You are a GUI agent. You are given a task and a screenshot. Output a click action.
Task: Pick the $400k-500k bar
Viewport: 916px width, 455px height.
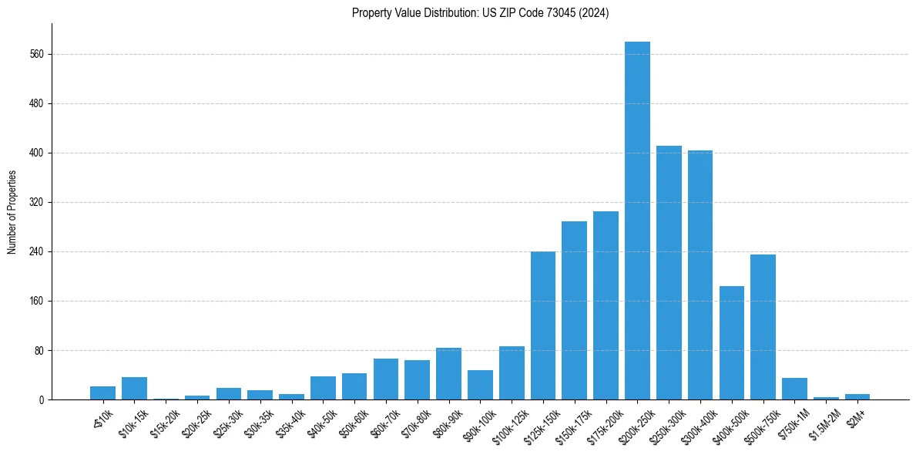(732, 342)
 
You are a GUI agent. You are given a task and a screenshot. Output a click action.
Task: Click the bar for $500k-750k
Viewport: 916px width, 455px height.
(763, 327)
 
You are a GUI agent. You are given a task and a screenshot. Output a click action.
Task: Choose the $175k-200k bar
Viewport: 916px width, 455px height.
(606, 305)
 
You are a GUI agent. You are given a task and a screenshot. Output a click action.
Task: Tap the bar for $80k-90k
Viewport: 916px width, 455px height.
(448, 373)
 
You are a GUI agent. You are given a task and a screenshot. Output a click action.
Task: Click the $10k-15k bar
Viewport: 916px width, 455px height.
(134, 388)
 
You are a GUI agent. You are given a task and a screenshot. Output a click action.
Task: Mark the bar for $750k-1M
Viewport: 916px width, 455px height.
(794, 389)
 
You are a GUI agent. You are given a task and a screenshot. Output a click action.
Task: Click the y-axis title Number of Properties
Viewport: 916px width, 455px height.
(12, 212)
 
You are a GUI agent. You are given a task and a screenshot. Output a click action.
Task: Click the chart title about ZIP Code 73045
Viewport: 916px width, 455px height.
(480, 13)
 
